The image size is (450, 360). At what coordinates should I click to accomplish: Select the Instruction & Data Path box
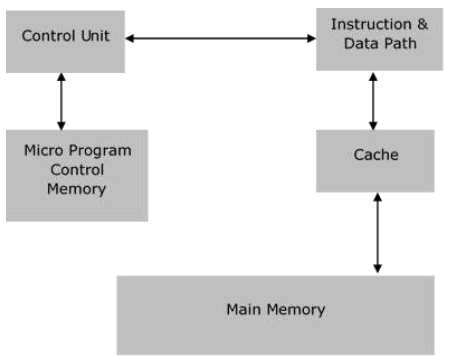point(376,39)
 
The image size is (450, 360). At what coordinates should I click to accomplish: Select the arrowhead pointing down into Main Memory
point(377,268)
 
